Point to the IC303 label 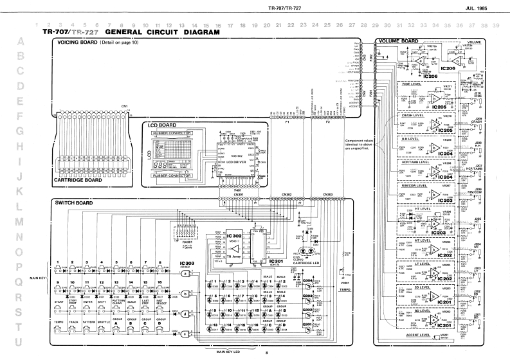(x=187, y=264)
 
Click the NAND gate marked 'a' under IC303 (x=185, y=273)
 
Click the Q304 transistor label (x=307, y=280)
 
